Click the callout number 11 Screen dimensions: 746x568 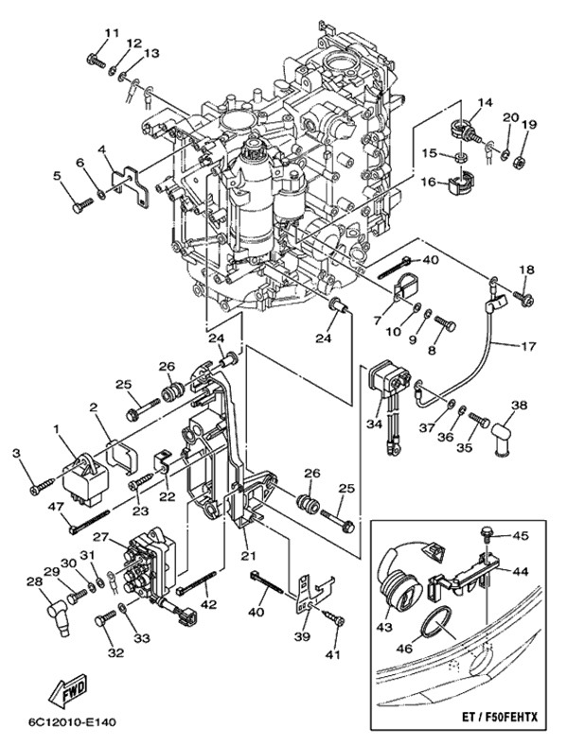112,33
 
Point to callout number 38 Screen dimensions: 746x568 518,407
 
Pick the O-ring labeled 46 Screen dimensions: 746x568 437,624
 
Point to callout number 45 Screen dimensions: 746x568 520,535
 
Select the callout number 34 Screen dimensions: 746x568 374,424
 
